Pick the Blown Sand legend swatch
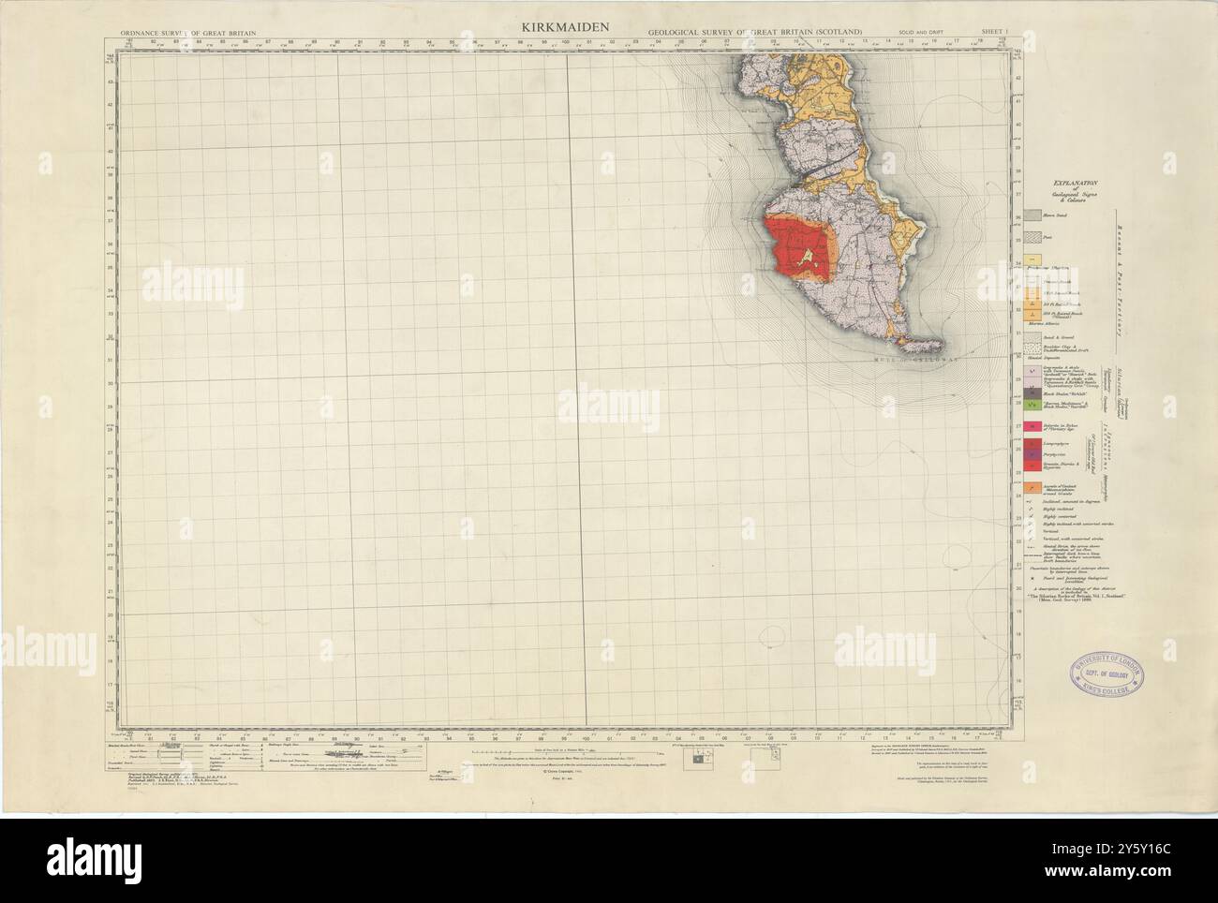pyautogui.click(x=1032, y=215)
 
